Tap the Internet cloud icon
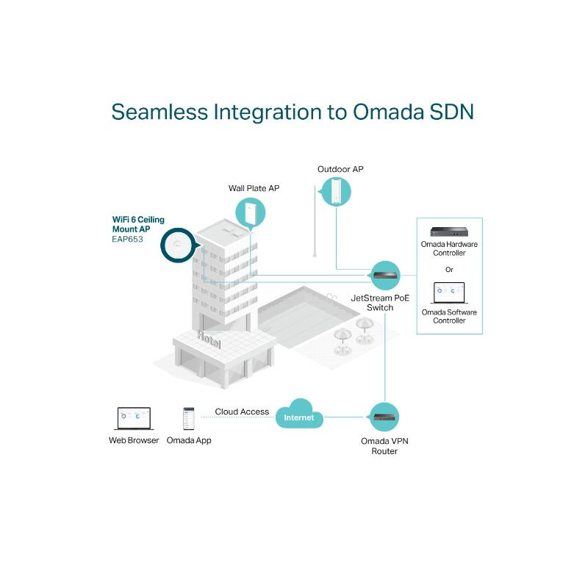coord(299,417)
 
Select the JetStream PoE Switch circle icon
coord(385,276)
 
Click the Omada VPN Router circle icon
coord(385,417)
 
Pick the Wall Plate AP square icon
coord(251,214)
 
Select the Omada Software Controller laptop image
coord(449,293)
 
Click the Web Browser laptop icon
coord(133,418)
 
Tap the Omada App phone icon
coord(189,418)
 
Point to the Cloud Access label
coord(242,412)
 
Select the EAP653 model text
coord(127,239)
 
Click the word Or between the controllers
coord(449,269)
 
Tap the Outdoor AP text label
coord(340,169)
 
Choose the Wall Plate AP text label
coord(254,189)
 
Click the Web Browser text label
coord(134,440)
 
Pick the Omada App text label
coord(189,440)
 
